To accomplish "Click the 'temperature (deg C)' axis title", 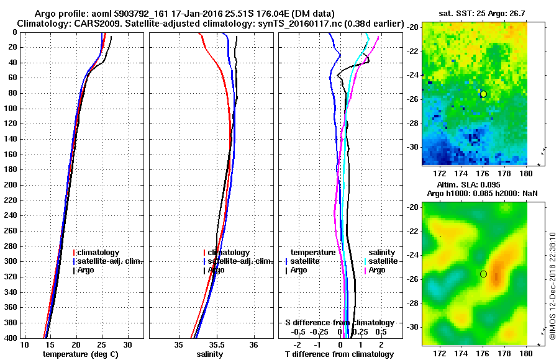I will click(x=80, y=354).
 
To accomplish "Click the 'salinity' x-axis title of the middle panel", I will click(x=210, y=354).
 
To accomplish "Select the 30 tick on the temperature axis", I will click(x=127, y=344).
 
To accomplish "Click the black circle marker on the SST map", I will click(x=483, y=94).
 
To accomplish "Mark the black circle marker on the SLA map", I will click(x=483, y=274).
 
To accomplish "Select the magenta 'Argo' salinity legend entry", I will click(x=377, y=270).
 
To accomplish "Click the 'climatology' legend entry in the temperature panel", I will click(x=99, y=253).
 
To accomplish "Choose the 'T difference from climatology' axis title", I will click(x=339, y=354).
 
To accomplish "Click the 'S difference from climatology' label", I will click(x=339, y=323).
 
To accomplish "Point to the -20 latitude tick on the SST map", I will click(x=412, y=27).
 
